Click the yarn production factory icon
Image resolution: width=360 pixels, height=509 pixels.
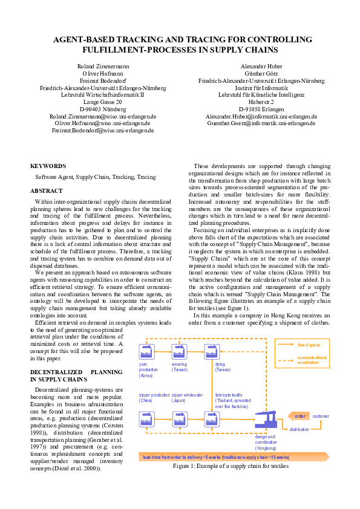[146, 351]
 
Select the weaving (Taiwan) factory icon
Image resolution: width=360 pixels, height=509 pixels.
[179, 351]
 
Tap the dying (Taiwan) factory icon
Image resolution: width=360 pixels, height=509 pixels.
[212, 351]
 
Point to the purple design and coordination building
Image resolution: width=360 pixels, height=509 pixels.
[264, 419]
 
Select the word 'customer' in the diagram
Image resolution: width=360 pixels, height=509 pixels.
[321, 416]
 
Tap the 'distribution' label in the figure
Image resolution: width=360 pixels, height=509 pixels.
[299, 429]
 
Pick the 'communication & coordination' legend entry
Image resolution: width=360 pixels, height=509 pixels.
[312, 360]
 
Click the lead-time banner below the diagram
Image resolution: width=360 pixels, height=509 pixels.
[215, 457]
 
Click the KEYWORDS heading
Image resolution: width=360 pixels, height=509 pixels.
[48, 166]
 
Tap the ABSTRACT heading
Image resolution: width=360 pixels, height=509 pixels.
[47, 191]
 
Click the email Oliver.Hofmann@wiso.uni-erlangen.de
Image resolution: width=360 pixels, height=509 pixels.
[99, 123]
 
